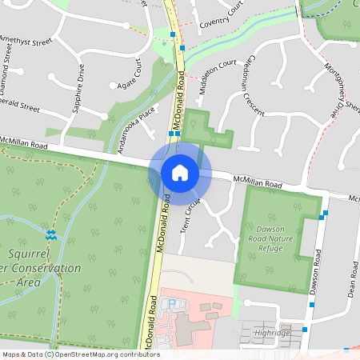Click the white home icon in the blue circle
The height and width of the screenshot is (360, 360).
179,172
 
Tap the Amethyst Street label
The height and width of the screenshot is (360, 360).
26,40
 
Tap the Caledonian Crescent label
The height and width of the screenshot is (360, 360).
245,89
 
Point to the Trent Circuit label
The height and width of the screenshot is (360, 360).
189,215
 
